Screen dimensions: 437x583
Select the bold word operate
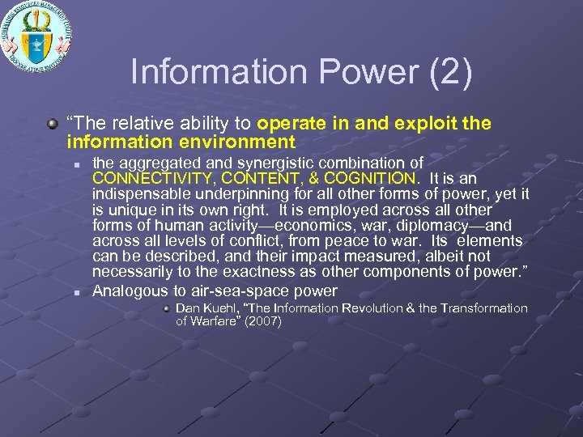tap(289, 124)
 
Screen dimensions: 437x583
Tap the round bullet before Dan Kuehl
tap(165, 308)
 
